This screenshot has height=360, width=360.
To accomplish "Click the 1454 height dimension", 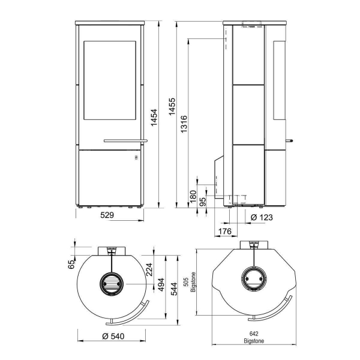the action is pyautogui.click(x=154, y=118).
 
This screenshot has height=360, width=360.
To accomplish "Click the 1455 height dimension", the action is pyautogui.click(x=172, y=107).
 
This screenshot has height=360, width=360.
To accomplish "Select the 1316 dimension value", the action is pyautogui.click(x=184, y=124).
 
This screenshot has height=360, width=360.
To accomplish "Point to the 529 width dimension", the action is pyautogui.click(x=107, y=215).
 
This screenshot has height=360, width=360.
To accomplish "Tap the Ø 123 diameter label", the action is pyautogui.click(x=262, y=217).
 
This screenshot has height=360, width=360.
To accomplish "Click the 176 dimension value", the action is pyautogui.click(x=225, y=231).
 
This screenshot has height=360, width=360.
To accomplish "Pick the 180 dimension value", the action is pyautogui.click(x=193, y=196).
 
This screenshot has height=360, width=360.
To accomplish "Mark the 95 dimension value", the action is pyautogui.click(x=203, y=202).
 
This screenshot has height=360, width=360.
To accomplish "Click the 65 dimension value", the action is pyautogui.click(x=71, y=264).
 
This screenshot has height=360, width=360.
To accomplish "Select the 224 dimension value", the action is pyautogui.click(x=149, y=269).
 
